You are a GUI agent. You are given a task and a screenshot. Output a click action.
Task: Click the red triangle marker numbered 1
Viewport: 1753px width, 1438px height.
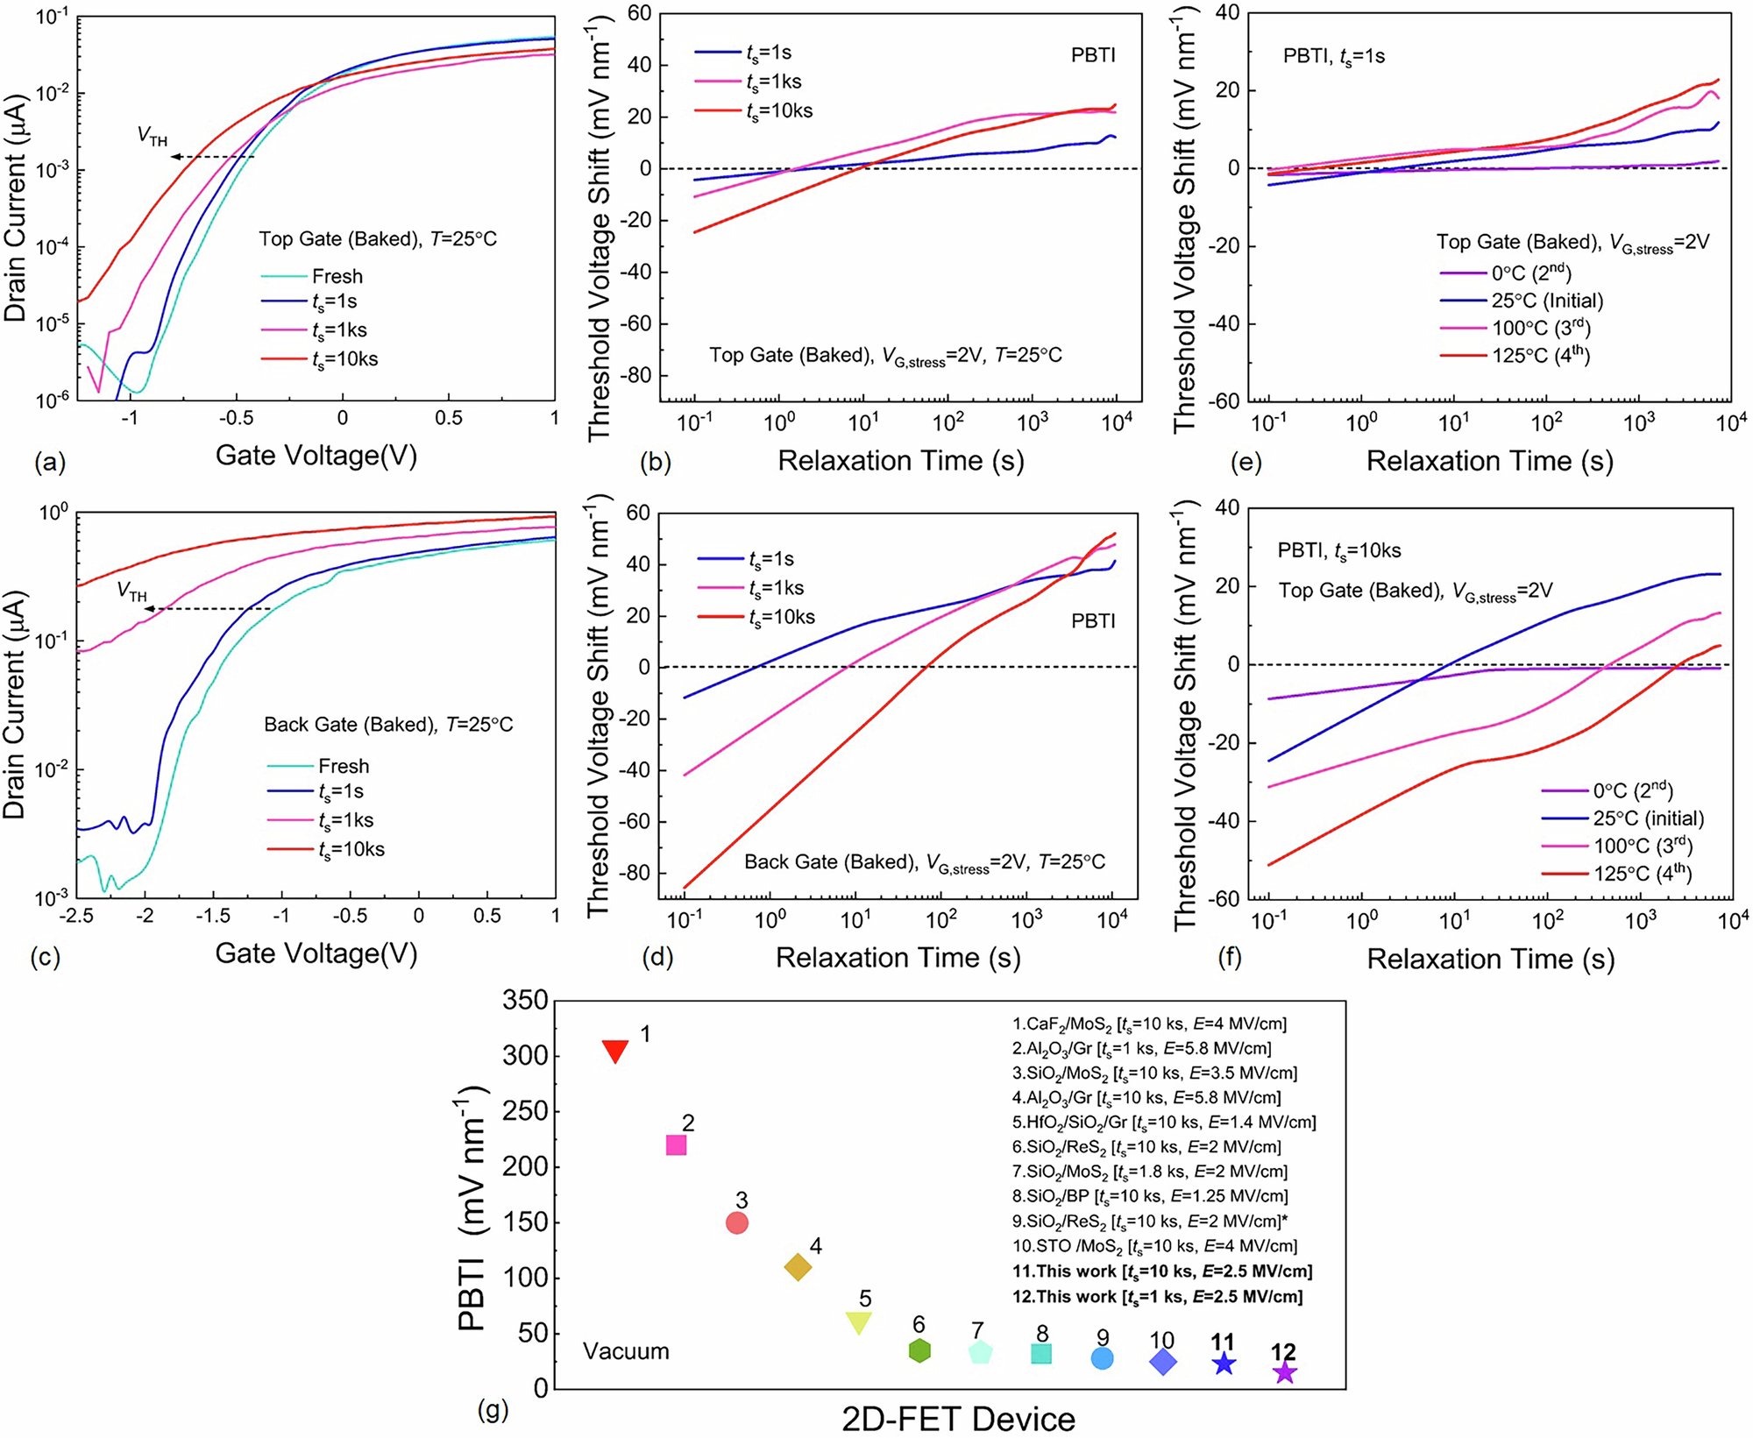point(615,1050)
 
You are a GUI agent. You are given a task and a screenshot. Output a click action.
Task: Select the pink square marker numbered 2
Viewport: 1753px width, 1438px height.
point(676,1144)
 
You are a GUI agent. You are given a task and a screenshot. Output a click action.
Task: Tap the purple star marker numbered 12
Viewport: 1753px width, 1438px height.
point(1284,1372)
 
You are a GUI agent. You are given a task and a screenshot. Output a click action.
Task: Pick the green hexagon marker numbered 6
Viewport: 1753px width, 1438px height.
point(919,1350)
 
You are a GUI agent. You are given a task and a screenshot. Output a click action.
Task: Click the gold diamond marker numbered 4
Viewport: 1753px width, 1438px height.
point(798,1266)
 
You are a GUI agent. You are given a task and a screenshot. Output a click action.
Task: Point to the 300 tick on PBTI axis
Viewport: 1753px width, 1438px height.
point(525,1055)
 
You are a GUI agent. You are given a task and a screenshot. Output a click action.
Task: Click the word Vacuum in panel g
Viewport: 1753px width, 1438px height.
point(626,1351)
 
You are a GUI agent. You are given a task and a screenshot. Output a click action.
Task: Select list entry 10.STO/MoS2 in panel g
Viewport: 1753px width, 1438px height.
point(1154,1246)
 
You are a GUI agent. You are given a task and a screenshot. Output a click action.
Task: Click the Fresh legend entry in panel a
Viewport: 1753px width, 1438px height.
point(337,276)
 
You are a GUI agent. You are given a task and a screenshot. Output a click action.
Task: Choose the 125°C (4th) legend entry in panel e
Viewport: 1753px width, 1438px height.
point(1540,355)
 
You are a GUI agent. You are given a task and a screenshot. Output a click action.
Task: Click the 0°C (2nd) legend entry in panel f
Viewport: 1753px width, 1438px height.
point(1632,790)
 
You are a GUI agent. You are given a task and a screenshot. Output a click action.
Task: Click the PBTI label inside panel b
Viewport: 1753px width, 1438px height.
point(1093,55)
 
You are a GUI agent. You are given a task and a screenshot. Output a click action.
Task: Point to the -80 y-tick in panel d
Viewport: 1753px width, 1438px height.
point(635,873)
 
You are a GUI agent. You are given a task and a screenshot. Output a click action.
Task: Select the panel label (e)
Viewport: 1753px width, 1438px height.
point(1246,462)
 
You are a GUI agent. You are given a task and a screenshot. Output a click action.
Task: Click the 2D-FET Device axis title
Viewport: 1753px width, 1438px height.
point(958,1418)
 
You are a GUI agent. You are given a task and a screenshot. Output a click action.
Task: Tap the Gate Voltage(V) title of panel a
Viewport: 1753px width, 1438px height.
point(316,456)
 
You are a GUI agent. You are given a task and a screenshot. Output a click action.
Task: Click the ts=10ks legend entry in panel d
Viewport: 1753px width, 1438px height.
point(781,617)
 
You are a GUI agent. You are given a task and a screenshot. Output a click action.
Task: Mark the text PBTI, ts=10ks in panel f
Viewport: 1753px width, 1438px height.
point(1338,550)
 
